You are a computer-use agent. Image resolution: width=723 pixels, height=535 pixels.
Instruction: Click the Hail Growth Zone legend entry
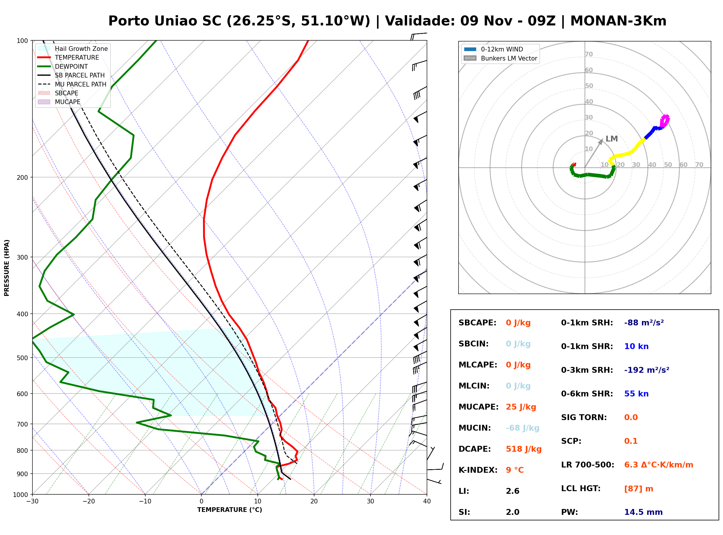click(73, 49)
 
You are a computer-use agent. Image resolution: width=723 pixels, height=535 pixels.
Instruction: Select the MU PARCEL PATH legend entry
click(72, 84)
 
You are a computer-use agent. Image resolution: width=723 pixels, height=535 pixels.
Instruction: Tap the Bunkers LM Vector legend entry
click(500, 58)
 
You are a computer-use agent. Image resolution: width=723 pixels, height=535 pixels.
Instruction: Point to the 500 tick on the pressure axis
click(22, 358)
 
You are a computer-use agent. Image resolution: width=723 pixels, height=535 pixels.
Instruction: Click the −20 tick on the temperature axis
click(88, 501)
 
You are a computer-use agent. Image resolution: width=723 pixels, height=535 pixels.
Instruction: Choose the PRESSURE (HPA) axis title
click(7, 268)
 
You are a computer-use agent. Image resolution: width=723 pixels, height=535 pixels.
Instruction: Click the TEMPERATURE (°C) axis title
click(229, 510)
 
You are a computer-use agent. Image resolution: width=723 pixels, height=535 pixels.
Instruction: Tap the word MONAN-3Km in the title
click(618, 21)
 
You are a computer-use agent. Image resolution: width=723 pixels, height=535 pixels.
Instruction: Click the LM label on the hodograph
click(612, 139)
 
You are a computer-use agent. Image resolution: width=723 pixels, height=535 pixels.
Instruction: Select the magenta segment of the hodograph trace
click(665, 121)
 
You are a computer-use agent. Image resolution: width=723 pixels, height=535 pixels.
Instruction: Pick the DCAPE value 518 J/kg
click(524, 449)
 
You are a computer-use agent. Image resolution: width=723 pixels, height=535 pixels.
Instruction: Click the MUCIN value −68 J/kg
click(522, 428)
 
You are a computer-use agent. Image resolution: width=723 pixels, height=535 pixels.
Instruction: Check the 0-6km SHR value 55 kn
click(636, 394)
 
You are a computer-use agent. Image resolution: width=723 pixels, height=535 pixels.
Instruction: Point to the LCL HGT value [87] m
click(639, 489)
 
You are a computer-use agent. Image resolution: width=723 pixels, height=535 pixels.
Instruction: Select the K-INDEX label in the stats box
click(478, 470)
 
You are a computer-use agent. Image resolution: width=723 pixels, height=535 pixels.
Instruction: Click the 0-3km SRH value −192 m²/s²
click(647, 370)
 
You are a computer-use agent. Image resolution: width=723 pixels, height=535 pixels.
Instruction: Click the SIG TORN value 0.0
click(631, 417)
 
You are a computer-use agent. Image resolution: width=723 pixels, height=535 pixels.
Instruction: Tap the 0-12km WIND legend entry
click(493, 49)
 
